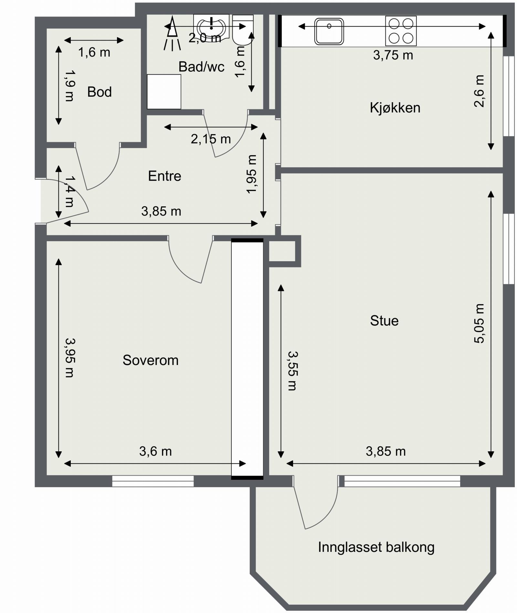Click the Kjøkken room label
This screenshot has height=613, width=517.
(x=395, y=108)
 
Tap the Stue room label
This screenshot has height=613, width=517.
(x=384, y=321)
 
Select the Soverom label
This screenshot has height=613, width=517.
(x=151, y=360)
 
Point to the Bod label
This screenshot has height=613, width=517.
(x=100, y=92)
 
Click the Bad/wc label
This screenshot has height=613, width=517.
(x=201, y=67)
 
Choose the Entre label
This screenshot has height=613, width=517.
(x=164, y=176)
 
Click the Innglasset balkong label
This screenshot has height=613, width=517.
(x=376, y=547)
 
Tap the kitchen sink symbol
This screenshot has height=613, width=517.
(x=329, y=31)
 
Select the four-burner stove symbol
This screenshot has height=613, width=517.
(x=401, y=31)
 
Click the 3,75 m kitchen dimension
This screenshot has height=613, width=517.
(x=393, y=55)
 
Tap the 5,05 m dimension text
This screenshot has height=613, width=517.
(x=479, y=323)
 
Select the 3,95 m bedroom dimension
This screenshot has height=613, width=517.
(x=69, y=358)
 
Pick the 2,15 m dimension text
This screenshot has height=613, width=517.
(x=211, y=139)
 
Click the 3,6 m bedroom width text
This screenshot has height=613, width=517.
(x=155, y=451)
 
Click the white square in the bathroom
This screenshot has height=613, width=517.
(x=164, y=92)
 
